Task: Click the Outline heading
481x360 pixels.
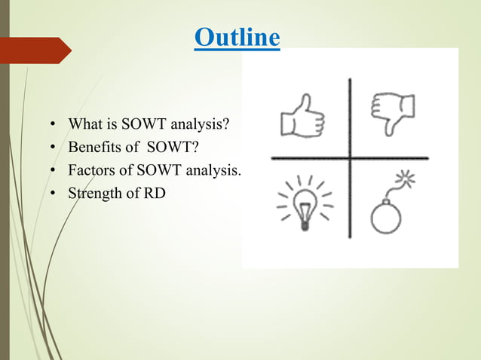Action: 237,38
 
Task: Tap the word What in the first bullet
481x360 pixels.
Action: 84,123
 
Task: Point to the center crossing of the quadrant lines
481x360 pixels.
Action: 350,159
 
